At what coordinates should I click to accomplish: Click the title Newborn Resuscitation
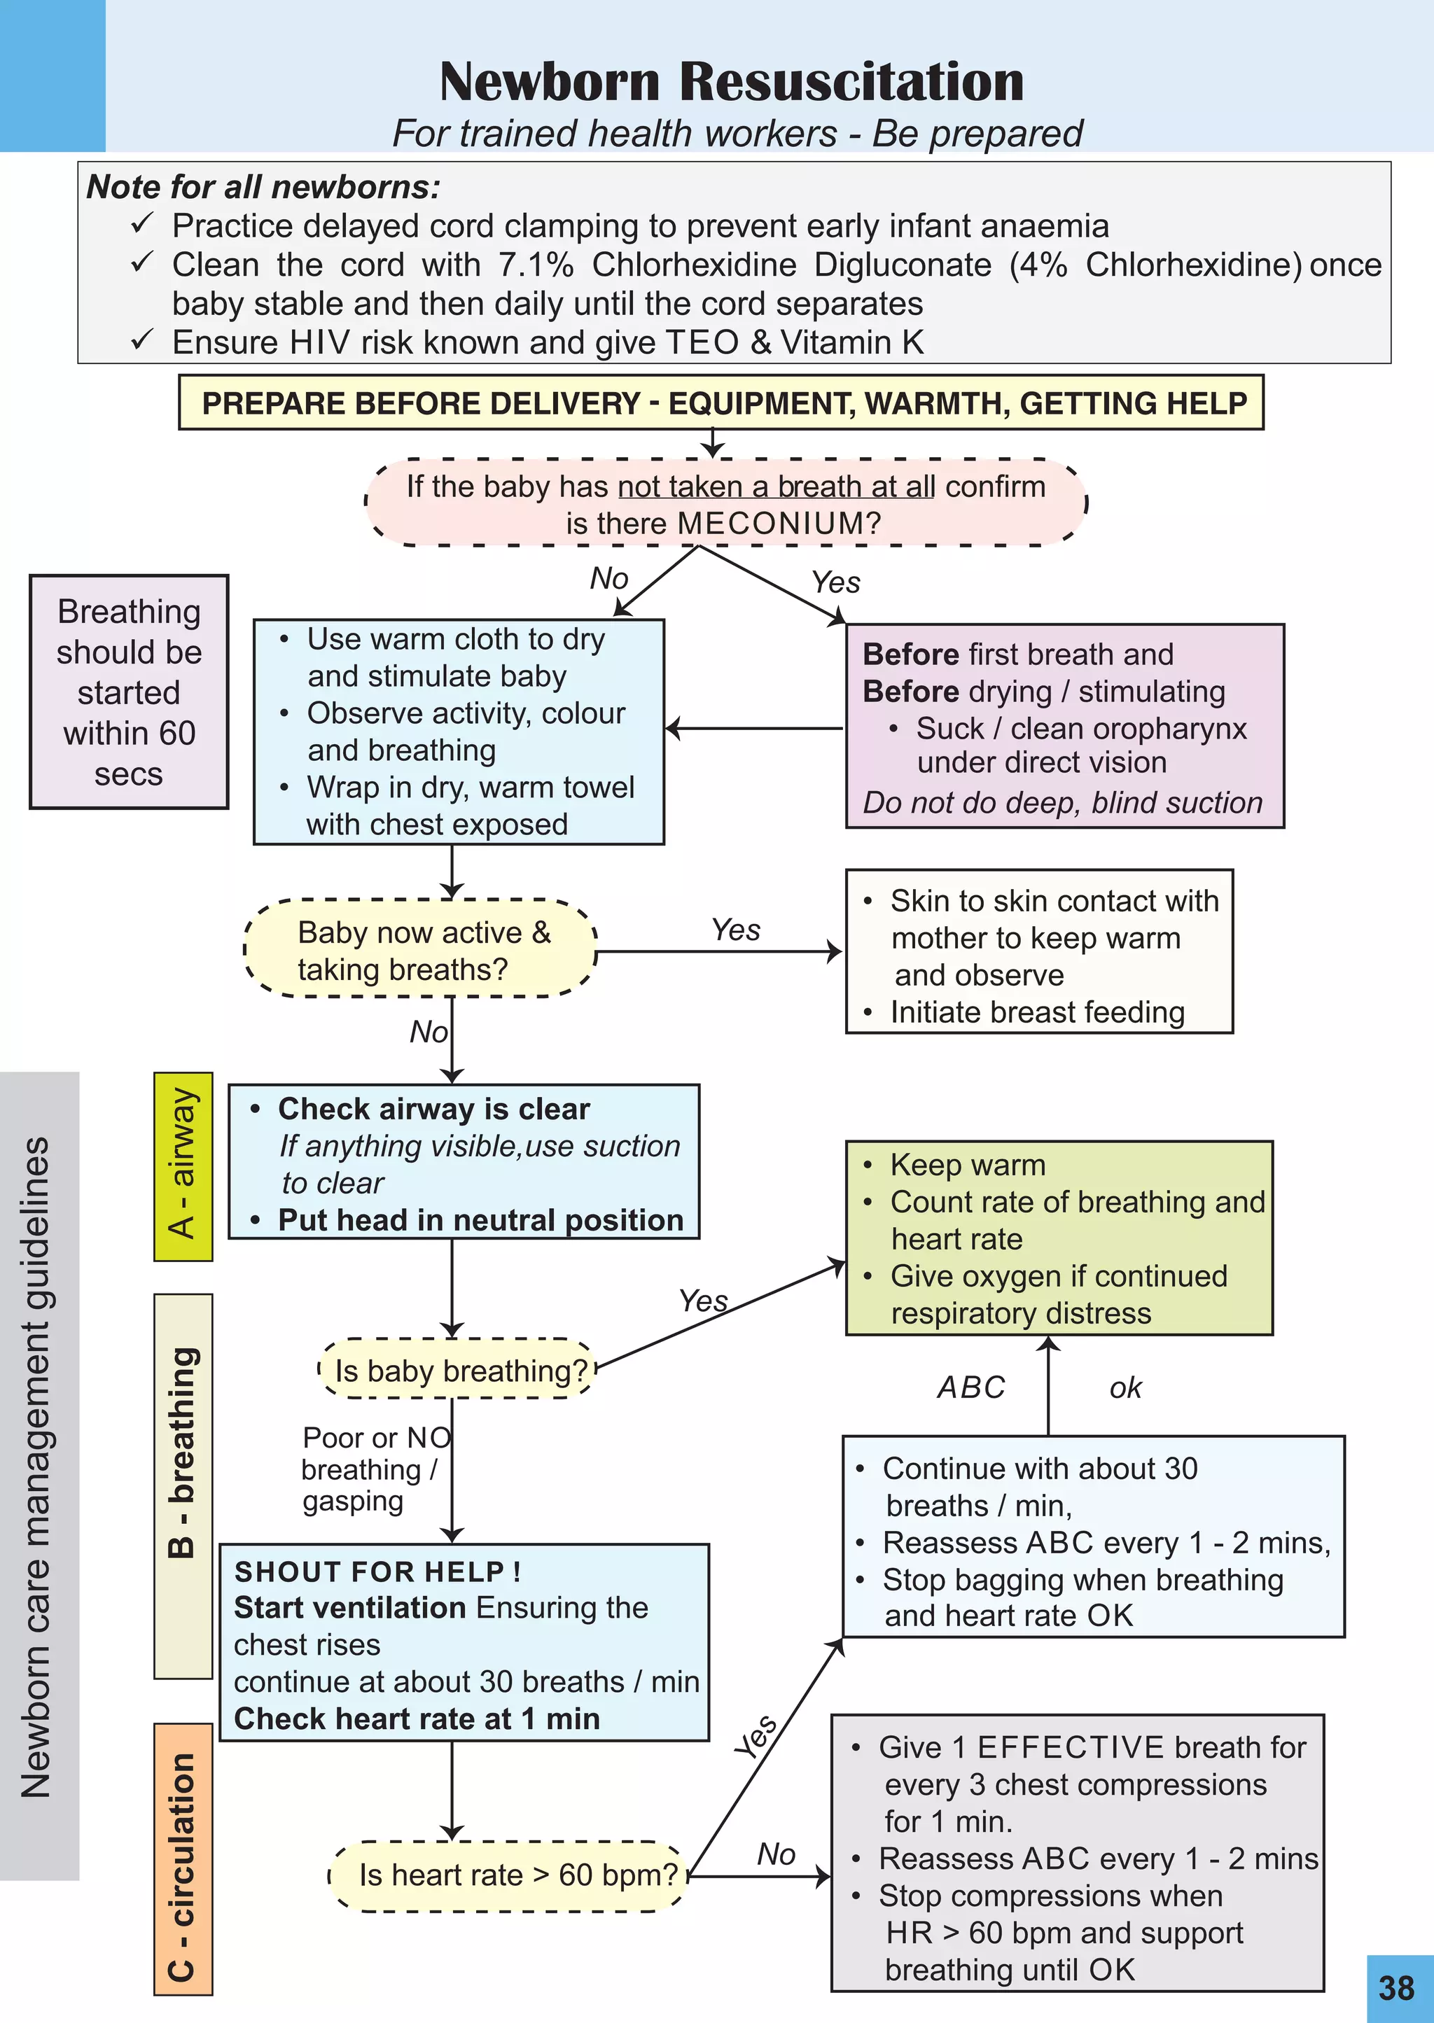pyautogui.click(x=731, y=81)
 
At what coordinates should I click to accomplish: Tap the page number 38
pyautogui.click(x=1396, y=1988)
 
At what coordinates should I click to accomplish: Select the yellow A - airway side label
pyautogui.click(x=183, y=1165)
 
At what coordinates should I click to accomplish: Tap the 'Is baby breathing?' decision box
pyautogui.click(x=460, y=1371)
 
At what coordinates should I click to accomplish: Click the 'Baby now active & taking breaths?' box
pyautogui.click(x=422, y=951)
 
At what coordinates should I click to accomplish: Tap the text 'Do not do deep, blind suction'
pyautogui.click(x=1062, y=802)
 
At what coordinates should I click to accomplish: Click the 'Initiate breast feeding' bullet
pyautogui.click(x=1037, y=1012)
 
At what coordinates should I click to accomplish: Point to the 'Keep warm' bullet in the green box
pyautogui.click(x=967, y=1165)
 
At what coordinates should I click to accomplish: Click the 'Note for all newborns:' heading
pyautogui.click(x=263, y=187)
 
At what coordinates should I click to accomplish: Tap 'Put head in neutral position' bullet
pyautogui.click(x=480, y=1220)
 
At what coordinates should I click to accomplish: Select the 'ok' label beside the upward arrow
pyautogui.click(x=1125, y=1388)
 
